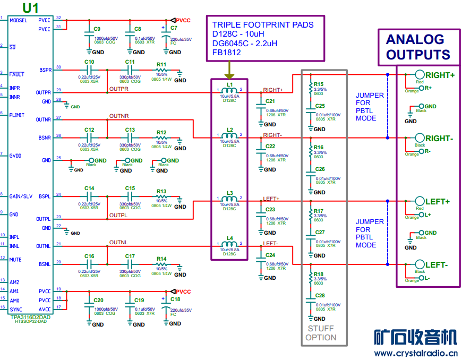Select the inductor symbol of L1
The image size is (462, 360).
tap(229, 91)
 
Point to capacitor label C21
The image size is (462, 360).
tap(270, 101)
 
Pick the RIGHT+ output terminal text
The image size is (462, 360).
tap(440, 75)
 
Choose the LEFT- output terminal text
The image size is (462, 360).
tap(437, 265)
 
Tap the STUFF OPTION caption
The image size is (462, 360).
tap(321, 333)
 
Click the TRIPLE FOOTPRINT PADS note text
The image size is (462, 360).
tap(263, 25)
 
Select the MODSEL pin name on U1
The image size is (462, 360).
tap(19, 20)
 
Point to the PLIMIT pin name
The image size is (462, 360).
tap(17, 115)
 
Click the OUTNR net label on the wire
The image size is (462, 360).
tap(119, 116)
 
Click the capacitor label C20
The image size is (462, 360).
tap(98, 300)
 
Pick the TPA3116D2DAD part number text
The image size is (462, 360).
tap(30, 317)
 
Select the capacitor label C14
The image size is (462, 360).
tap(89, 188)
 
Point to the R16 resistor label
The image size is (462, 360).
tap(319, 147)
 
